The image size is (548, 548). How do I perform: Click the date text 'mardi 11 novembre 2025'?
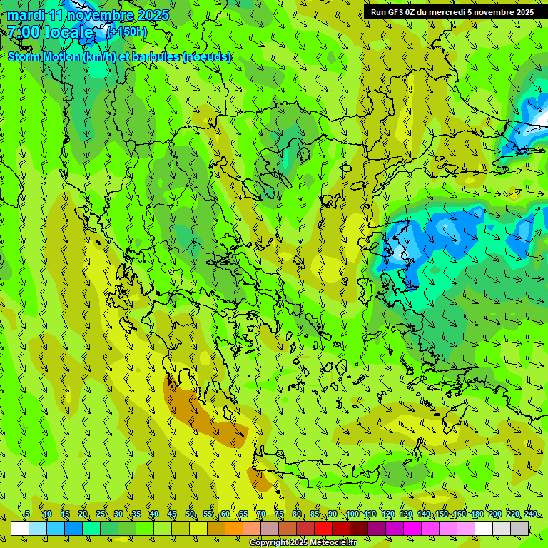88,15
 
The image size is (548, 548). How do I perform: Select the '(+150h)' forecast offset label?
128,32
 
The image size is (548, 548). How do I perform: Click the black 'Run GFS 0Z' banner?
452,12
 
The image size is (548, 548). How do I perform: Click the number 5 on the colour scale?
27,514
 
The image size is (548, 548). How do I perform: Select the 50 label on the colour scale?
189,514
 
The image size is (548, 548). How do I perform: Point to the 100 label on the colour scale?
352,514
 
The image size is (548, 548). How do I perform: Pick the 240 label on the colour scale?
530,514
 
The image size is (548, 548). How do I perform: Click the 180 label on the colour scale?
477,514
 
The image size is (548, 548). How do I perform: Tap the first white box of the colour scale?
20,528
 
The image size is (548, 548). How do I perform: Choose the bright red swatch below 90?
323,528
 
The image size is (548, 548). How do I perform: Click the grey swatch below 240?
519,528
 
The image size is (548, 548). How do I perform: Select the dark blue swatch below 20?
73,528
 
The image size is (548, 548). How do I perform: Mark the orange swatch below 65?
234,528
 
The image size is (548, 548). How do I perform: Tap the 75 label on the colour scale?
278,514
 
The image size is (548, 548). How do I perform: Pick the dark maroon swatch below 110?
359,528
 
